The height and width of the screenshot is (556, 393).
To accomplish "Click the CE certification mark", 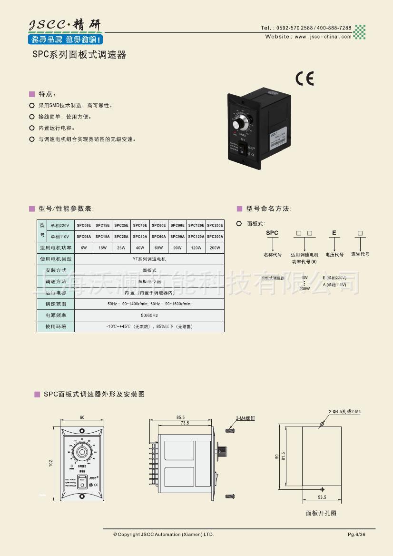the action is [305, 79].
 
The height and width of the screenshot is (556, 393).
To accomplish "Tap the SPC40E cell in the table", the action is [140, 225].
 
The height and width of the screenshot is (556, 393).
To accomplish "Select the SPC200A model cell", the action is [215, 237].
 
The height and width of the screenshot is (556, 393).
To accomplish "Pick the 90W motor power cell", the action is [177, 248].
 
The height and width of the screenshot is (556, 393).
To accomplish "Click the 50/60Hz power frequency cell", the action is [149, 316].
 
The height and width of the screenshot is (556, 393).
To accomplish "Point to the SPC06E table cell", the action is [84, 225].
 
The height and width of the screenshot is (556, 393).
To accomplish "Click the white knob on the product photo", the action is [239, 125].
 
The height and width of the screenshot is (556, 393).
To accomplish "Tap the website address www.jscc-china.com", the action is [323, 37].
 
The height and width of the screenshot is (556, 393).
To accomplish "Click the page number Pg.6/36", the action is [357, 535].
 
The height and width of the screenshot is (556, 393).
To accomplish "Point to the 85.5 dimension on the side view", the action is [180, 417].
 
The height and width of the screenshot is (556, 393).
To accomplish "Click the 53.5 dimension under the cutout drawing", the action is [322, 497].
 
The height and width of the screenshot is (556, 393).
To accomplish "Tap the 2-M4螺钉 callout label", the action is [246, 418].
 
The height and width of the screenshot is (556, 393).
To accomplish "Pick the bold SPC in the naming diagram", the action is [272, 233].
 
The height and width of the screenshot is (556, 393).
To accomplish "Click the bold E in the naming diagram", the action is [334, 233].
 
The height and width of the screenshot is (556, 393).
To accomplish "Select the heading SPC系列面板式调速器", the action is [79, 55].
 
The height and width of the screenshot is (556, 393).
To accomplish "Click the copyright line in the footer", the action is [164, 535].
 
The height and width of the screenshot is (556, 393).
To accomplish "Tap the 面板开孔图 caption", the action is [321, 513].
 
